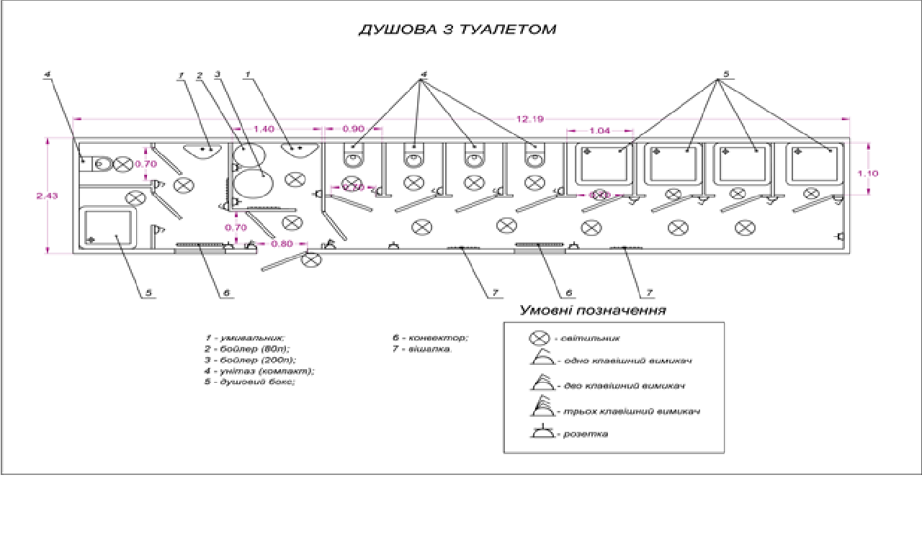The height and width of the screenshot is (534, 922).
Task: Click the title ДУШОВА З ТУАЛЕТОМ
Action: pyautogui.click(x=457, y=30)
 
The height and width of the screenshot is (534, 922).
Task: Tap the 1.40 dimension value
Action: pyautogui.click(x=264, y=128)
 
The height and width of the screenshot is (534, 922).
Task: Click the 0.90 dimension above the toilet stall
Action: pyautogui.click(x=353, y=128)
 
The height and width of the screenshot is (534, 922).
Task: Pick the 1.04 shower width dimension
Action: pyautogui.click(x=599, y=130)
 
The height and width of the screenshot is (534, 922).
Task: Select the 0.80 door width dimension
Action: pyautogui.click(x=282, y=243)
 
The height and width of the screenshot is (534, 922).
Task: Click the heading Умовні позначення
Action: pyautogui.click(x=592, y=310)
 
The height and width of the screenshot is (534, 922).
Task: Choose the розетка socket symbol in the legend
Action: pyautogui.click(x=542, y=433)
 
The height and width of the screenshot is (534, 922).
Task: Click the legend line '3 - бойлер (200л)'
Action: pyautogui.click(x=250, y=359)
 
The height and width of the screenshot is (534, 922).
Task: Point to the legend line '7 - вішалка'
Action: pyautogui.click(x=422, y=348)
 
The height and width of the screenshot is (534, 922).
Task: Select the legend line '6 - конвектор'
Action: pyautogui.click(x=430, y=338)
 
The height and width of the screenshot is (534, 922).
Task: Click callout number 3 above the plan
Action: pyautogui.click(x=217, y=73)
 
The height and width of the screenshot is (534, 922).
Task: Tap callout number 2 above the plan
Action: pyautogui.click(x=199, y=73)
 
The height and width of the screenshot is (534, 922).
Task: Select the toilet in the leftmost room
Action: pyautogui.click(x=96, y=163)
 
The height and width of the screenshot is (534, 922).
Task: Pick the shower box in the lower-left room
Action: pyautogui.click(x=108, y=227)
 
